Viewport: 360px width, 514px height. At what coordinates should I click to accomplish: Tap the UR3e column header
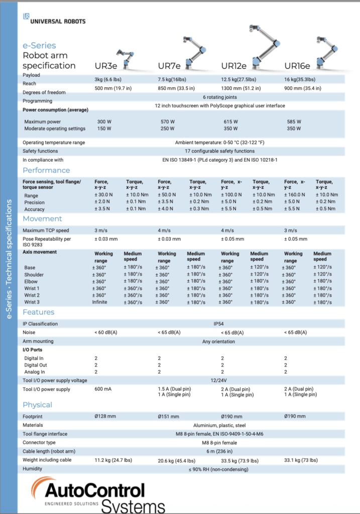tap(106, 66)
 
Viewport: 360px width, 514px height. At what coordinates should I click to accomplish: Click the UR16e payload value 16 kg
tap(300, 79)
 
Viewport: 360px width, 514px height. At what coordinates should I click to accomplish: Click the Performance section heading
tap(46, 170)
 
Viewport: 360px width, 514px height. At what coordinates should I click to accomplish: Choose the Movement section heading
tap(42, 219)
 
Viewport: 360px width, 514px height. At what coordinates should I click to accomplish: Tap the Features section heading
tap(39, 312)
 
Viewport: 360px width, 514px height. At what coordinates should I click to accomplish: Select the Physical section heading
tap(37, 405)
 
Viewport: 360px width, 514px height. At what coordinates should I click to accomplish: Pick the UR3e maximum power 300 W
tap(104, 121)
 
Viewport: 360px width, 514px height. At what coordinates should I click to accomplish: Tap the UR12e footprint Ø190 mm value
tap(232, 416)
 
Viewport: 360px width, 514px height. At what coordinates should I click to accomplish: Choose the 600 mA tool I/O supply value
tap(103, 390)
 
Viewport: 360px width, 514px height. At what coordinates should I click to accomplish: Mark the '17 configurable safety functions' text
tap(219, 151)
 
